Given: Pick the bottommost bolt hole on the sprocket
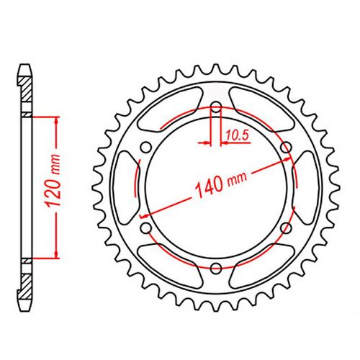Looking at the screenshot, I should (x=216, y=269).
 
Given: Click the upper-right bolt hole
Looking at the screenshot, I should (x=286, y=148).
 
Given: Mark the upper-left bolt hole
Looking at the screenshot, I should (x=145, y=148).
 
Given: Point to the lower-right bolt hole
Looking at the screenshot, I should (x=286, y=228).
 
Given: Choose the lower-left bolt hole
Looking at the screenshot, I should (x=145, y=228).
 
